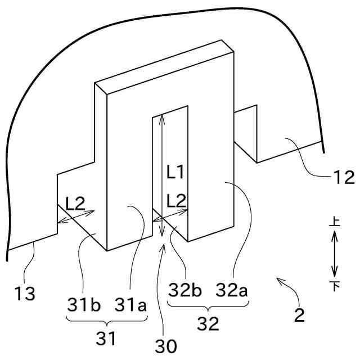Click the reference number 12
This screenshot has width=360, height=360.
[x=343, y=177]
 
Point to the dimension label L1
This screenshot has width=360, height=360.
[x=175, y=173]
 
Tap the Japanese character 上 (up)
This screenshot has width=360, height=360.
[x=334, y=223]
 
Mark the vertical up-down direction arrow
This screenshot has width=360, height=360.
[x=334, y=255]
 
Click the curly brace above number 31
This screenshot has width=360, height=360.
[x=106, y=319]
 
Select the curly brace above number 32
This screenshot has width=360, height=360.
[x=208, y=305]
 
